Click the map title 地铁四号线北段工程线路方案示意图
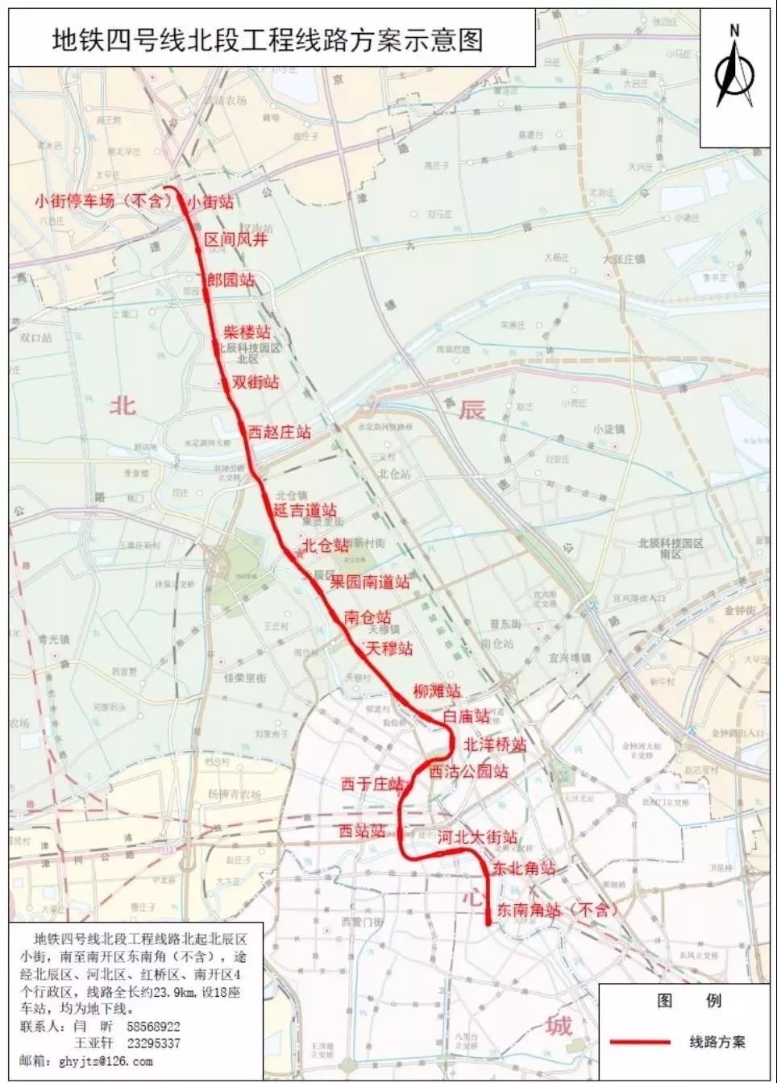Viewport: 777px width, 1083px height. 268,39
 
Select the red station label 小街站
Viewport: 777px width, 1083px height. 211,202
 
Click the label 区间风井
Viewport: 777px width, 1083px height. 235,239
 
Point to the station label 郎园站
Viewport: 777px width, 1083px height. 231,280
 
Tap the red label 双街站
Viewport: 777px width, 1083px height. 256,382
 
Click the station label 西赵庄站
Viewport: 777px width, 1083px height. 279,432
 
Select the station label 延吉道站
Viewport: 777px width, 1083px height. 305,509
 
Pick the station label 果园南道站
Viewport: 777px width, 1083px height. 369,581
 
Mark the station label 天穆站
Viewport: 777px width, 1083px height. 389,648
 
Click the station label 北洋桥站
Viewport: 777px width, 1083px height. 495,744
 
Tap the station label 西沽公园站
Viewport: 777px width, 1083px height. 468,771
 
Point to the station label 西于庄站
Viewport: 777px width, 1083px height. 372,783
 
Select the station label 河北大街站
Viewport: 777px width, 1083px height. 476,837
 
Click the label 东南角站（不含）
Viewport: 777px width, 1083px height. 556,910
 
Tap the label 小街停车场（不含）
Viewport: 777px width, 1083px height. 104,201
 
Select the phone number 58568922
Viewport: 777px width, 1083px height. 153,1027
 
